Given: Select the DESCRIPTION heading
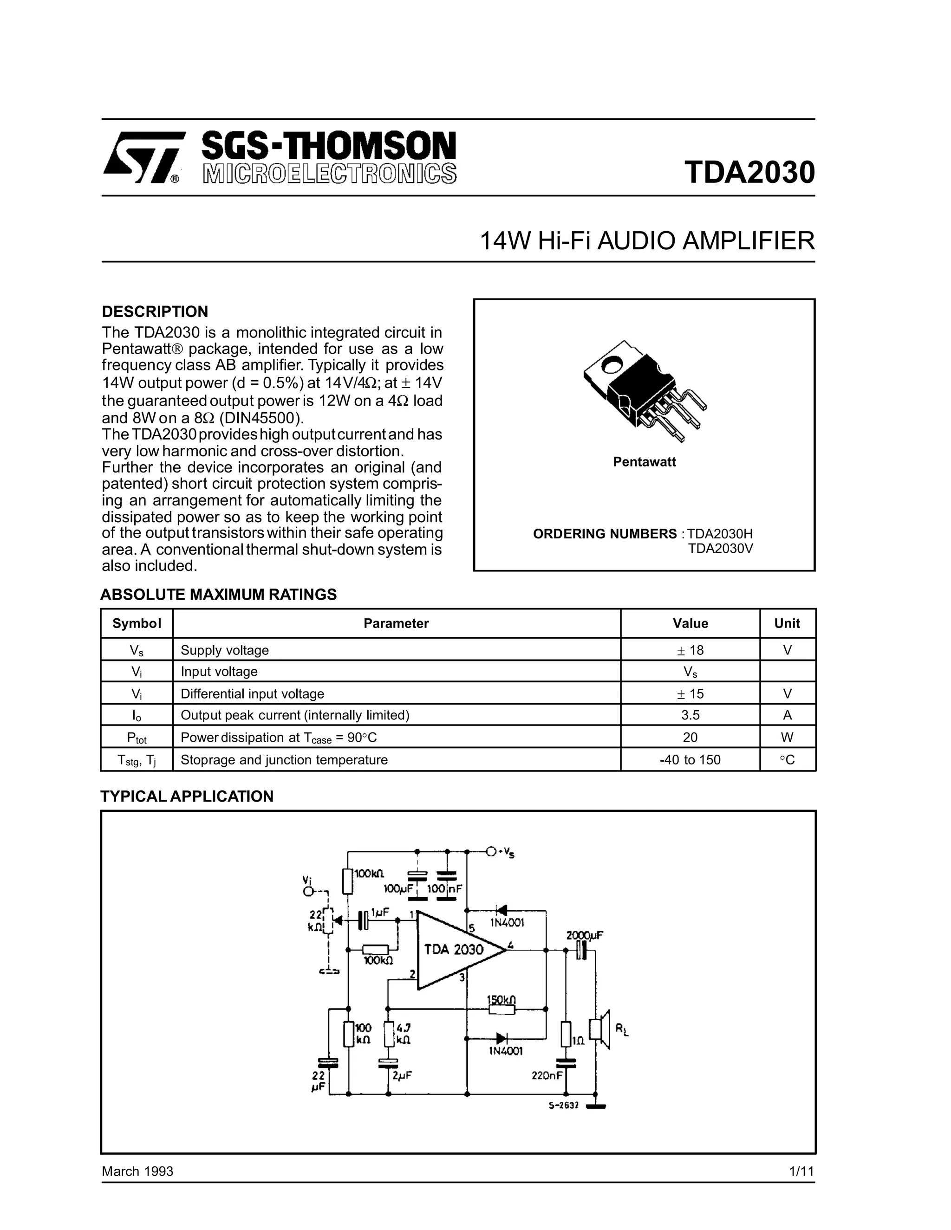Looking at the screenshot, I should point(155,311).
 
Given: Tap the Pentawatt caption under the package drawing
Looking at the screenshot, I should point(644,462).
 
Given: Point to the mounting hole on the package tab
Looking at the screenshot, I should point(610,366).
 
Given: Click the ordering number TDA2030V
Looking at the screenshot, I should point(720,548).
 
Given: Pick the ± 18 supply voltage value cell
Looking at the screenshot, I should point(690,650).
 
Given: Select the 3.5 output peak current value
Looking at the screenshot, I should point(690,715).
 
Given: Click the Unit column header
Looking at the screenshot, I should point(787,623).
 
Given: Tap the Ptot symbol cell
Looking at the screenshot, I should point(137,737).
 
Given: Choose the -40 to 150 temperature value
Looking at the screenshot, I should point(690,760).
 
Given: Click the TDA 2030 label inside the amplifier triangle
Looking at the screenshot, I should point(454,950).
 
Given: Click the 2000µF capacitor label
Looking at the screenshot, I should point(584,935).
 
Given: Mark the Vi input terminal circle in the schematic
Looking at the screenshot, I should point(307,892).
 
